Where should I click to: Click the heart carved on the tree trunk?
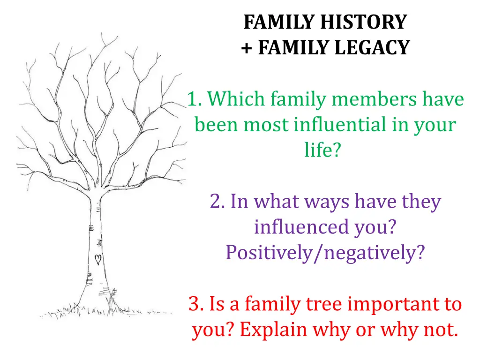click(98, 259)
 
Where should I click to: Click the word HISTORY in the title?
click(363, 22)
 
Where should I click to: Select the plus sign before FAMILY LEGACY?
click(247, 48)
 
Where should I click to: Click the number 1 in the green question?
click(193, 99)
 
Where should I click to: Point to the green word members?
click(374, 99)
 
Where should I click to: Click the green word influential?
click(340, 125)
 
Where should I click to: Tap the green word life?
click(318, 150)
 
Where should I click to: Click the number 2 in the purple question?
click(215, 202)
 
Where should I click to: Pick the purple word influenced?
click(301, 227)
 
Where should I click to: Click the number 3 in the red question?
click(195, 304)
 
